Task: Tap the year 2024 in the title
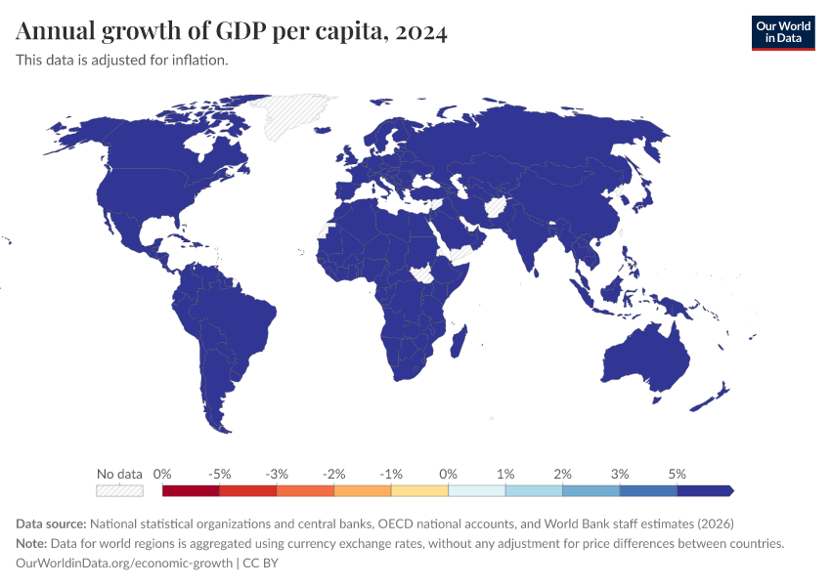coord(421,31)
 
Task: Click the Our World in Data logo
coord(782,31)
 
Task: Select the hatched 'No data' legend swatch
coord(119,490)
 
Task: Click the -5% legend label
coord(219,474)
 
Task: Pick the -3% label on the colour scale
coord(277,474)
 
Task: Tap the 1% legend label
coord(505,474)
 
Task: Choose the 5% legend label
coord(678,474)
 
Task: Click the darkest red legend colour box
coord(191,490)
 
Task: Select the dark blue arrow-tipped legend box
coord(705,490)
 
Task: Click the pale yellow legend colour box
coord(419,490)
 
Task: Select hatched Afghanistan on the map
coord(496,206)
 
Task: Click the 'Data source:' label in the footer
coord(52,523)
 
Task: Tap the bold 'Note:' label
coord(35,543)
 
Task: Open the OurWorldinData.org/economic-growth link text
coord(124,564)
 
